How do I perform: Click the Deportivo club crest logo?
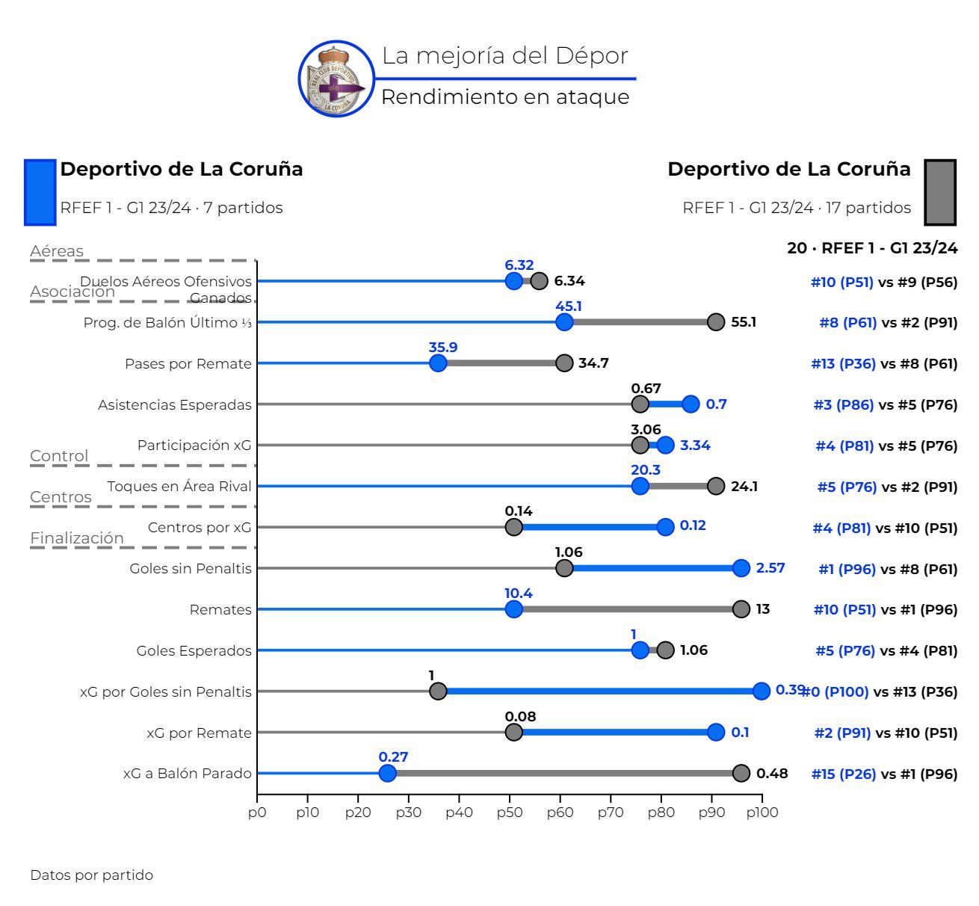336,79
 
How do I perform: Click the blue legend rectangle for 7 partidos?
40,192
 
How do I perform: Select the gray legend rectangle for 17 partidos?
940,192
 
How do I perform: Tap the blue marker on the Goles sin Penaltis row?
741,568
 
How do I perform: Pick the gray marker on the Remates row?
741,609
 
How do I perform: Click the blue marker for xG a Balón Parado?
387,773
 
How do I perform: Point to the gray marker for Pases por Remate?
564,363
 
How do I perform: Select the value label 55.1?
743,322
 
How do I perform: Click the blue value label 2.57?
770,568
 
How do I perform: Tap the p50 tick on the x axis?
509,812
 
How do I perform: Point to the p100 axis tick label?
761,812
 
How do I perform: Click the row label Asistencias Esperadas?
175,404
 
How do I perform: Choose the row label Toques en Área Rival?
179,487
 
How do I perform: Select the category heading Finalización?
77,537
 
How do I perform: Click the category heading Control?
59,456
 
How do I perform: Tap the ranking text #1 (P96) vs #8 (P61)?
887,569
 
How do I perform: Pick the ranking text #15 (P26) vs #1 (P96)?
884,774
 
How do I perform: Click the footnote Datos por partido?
91,875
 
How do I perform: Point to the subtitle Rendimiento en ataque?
505,97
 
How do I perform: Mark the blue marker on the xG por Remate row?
715,732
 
